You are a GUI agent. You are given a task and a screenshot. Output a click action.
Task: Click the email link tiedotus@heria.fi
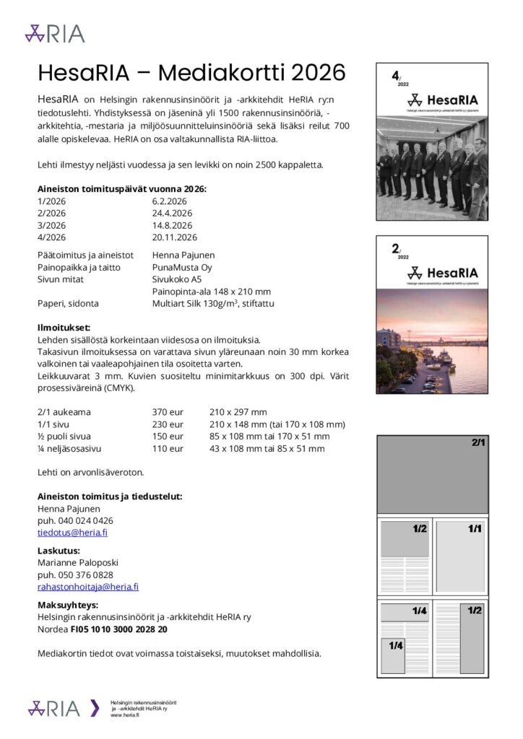(x=72, y=533)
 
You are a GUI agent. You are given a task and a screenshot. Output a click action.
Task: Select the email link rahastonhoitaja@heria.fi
(x=88, y=587)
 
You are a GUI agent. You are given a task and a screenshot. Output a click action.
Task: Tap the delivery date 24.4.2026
(x=172, y=213)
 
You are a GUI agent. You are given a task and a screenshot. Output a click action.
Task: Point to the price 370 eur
(x=168, y=412)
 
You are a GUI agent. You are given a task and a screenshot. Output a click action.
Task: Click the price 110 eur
(x=168, y=448)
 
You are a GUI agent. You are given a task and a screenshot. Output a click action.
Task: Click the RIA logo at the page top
(x=55, y=33)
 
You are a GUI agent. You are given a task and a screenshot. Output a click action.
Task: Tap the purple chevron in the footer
(x=95, y=708)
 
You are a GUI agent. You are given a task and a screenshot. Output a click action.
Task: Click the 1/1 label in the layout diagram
(x=475, y=529)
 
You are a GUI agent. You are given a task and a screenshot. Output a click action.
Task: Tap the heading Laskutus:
(x=59, y=550)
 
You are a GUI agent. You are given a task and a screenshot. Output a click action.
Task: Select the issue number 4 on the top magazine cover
(x=395, y=75)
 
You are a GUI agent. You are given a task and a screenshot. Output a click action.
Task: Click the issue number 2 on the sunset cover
(x=395, y=249)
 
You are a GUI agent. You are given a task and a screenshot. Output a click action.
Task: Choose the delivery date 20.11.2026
(x=175, y=237)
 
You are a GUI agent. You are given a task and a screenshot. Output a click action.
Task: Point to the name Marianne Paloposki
(x=77, y=562)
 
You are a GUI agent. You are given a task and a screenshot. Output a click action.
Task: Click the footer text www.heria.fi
(x=125, y=714)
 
